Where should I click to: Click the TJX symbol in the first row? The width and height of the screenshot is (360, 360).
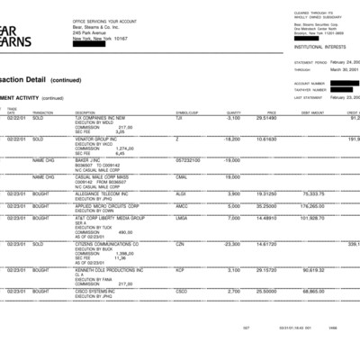179,118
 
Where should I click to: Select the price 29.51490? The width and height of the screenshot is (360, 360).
265,118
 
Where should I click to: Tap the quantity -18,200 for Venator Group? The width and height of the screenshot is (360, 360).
229,139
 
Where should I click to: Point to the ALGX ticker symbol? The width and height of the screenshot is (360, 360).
181,193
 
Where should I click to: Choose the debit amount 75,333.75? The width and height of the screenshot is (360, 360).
312,193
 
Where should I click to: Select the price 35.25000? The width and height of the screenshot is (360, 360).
265,206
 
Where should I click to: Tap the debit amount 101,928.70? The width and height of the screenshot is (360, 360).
311,218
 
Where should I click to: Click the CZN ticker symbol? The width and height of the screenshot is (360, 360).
180,243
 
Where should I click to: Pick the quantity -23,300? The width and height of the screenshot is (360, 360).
229,243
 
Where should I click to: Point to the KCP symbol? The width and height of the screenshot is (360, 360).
180,269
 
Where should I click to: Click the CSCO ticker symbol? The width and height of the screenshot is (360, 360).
182,292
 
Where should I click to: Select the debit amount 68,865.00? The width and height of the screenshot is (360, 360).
312,292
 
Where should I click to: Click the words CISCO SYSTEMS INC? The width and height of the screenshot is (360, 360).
95,292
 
